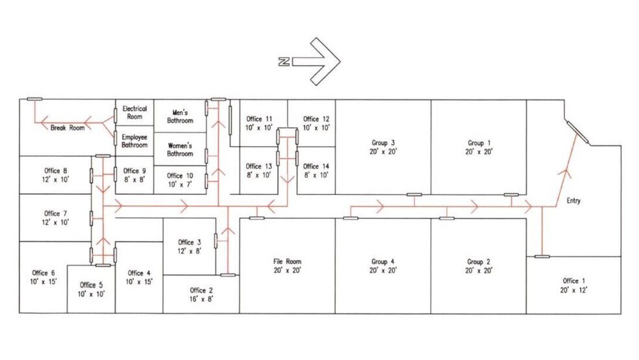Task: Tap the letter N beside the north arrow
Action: click(284, 62)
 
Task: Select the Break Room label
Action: click(68, 128)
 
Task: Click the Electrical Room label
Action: click(134, 112)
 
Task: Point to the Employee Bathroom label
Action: click(134, 141)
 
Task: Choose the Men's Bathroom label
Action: click(180, 116)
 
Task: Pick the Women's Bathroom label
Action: click(180, 149)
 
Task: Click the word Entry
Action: click(573, 201)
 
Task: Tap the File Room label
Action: click(287, 262)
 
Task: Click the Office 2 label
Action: click(201, 290)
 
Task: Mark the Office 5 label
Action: click(91, 285)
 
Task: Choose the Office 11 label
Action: click(259, 119)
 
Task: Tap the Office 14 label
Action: click(316, 166)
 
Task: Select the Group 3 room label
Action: click(383, 142)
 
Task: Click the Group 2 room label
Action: click(479, 262)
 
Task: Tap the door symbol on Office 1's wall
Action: click(542, 257)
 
